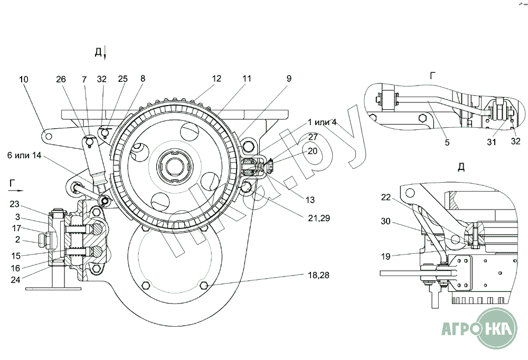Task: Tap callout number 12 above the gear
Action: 216,79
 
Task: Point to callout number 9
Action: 289,79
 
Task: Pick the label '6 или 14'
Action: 25,157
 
